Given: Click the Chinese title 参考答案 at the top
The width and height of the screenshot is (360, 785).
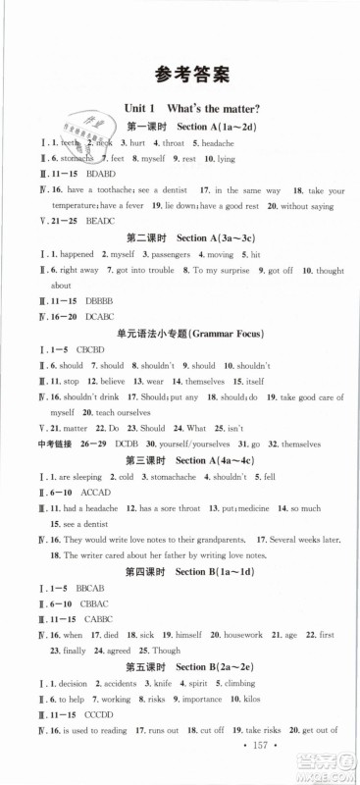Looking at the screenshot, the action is (x=180, y=73).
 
